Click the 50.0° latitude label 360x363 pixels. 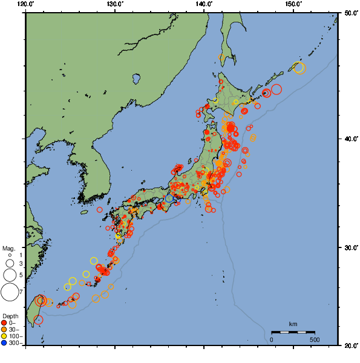pyautogui.click(x=349, y=13)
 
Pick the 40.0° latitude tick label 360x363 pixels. pyautogui.click(x=349, y=139)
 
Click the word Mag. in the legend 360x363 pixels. pyautogui.click(x=8, y=248)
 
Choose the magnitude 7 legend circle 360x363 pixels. pyautogui.click(x=9, y=293)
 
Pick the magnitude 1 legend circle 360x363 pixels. pyautogui.click(x=9, y=255)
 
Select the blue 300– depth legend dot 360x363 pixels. pyautogui.click(x=4, y=343)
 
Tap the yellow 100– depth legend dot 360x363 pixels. pyautogui.click(x=4, y=336)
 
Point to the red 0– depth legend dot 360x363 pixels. pyautogui.click(x=4, y=322)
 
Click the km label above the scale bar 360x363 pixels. pyautogui.click(x=293, y=324)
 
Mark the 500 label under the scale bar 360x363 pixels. pyautogui.click(x=315, y=339)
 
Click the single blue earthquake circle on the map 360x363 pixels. pyautogui.click(x=169, y=198)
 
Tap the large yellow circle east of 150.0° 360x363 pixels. pyautogui.click(x=299, y=68)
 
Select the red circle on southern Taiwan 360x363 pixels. pyautogui.click(x=38, y=320)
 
